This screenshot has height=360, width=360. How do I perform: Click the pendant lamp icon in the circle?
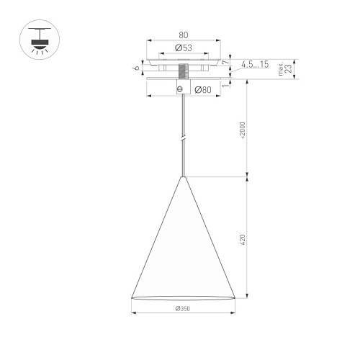(40, 40)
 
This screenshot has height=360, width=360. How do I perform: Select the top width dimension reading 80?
(184, 35)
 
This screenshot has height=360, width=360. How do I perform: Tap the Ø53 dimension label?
(184, 48)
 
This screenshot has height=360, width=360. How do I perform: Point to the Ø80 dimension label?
(203, 90)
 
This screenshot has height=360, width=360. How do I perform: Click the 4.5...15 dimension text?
(255, 64)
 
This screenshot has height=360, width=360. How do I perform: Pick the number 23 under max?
(289, 68)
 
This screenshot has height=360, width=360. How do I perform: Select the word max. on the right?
(281, 69)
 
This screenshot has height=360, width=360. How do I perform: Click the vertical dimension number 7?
(225, 63)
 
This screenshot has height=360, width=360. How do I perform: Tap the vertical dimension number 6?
(136, 68)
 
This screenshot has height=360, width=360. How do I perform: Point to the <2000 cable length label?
(243, 130)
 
